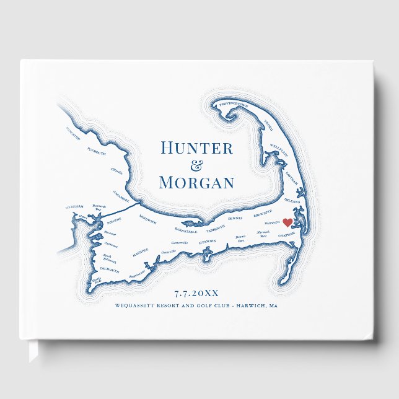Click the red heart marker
(287, 223)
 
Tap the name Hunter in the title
(196, 148)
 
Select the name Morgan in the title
(196, 183)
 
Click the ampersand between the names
(196, 165)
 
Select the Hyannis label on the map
(204, 241)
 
